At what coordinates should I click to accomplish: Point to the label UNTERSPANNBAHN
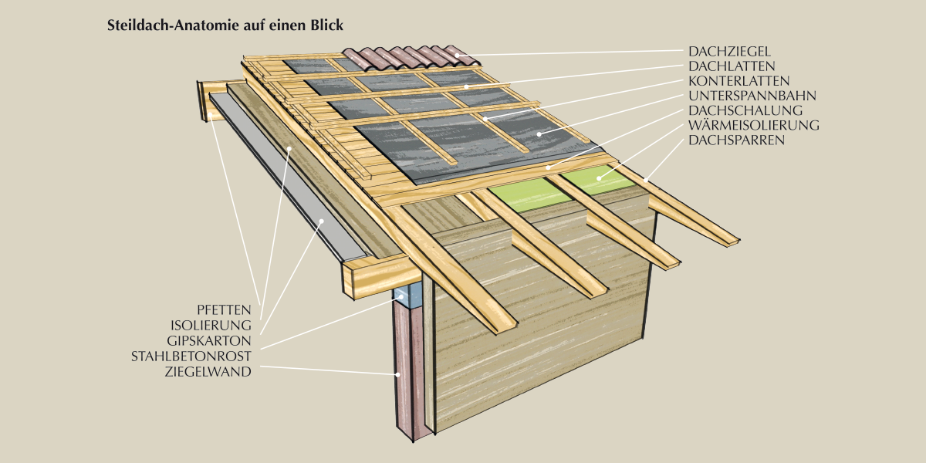pyautogui.click(x=752, y=96)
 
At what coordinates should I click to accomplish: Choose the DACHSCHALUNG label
pyautogui.click(x=745, y=110)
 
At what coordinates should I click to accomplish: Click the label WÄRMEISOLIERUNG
pyautogui.click(x=753, y=125)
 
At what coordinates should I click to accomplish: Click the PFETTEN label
pyautogui.click(x=225, y=309)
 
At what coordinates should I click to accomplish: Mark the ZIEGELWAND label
pyautogui.click(x=208, y=371)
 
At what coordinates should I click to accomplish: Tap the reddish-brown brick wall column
pyautogui.click(x=406, y=370)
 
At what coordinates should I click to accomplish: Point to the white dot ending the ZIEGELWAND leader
pyautogui.click(x=398, y=374)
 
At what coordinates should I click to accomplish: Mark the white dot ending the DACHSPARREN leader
pyautogui.click(x=644, y=179)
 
